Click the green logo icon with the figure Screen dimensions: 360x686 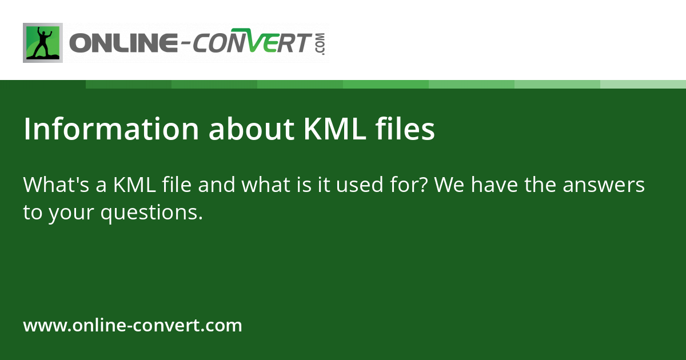43,42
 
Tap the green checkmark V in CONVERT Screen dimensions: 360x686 261,43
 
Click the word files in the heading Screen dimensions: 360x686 405,130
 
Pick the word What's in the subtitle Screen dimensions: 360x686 53,185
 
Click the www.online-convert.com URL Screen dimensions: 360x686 133,326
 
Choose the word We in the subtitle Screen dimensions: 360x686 447,185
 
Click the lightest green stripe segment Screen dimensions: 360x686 643,84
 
